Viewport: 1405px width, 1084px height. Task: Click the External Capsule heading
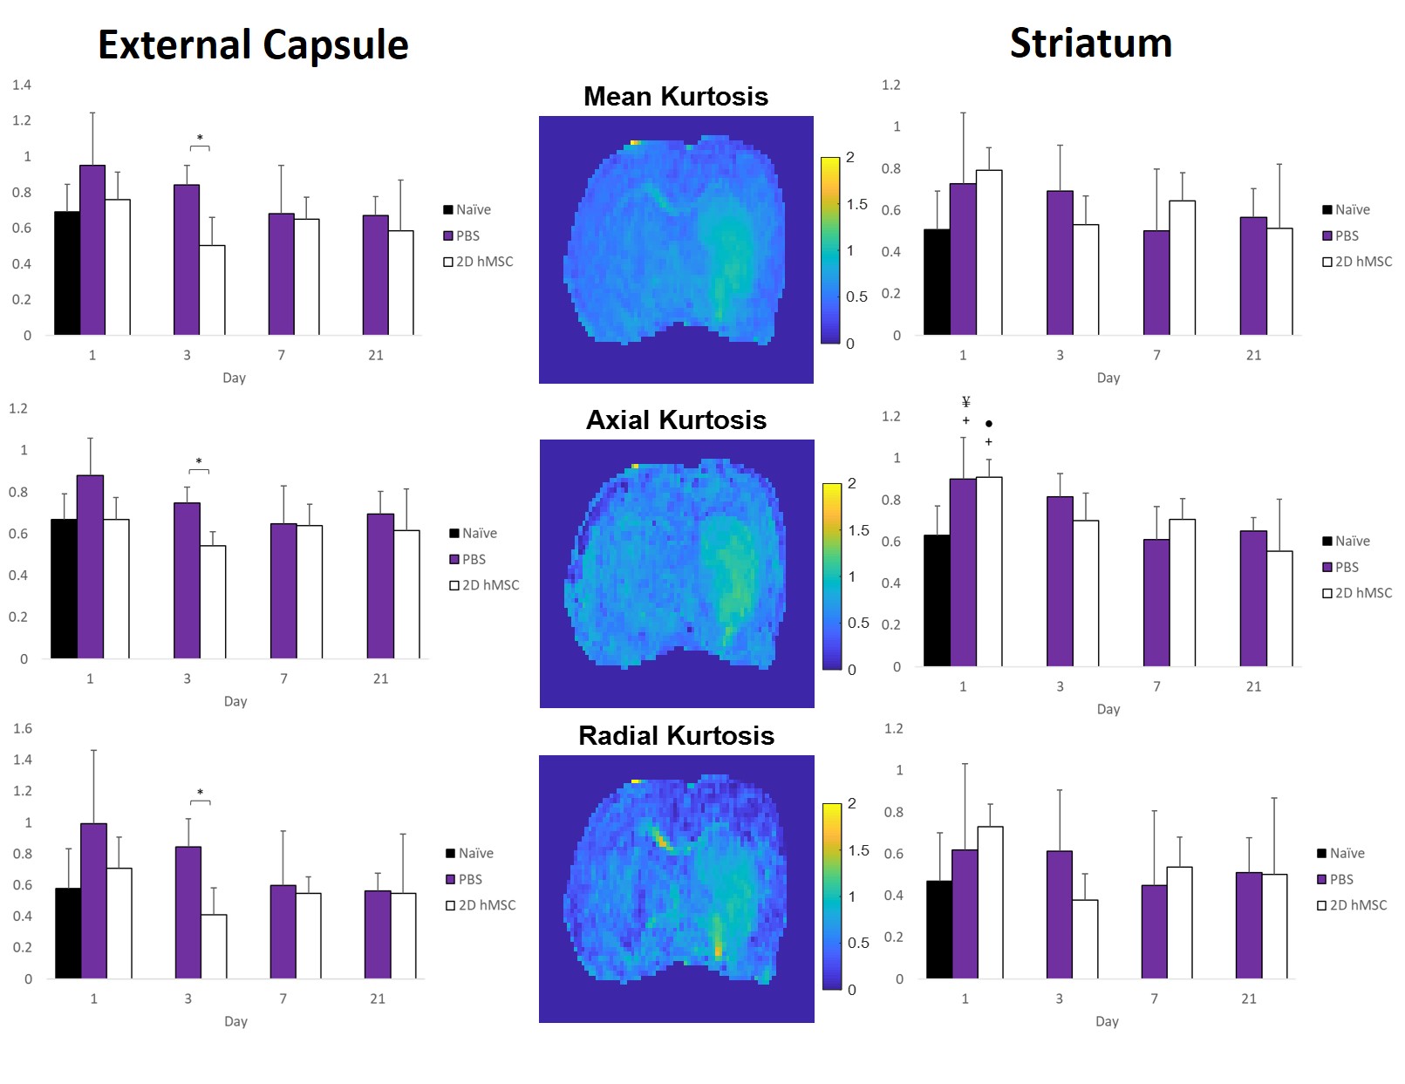(253, 45)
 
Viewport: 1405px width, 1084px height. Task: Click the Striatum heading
(1090, 44)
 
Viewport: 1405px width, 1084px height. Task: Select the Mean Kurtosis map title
(676, 96)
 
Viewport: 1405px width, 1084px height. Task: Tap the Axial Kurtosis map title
(676, 419)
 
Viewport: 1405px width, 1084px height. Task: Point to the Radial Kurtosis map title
(676, 735)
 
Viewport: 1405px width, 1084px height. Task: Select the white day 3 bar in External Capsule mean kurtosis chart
(212, 290)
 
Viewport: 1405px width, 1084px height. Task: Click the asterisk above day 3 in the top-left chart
(200, 139)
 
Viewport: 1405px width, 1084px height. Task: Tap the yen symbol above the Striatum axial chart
(965, 402)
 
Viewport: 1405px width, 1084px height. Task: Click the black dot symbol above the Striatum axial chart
(988, 424)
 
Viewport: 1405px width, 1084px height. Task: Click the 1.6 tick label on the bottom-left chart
(23, 728)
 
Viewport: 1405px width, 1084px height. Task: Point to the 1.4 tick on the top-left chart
(22, 85)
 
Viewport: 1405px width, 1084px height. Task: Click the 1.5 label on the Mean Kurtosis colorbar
(856, 204)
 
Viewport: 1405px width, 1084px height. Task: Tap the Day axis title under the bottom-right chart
(1107, 1021)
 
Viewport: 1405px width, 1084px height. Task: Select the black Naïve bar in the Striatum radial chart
(939, 930)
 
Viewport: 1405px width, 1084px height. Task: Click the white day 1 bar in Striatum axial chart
(989, 571)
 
